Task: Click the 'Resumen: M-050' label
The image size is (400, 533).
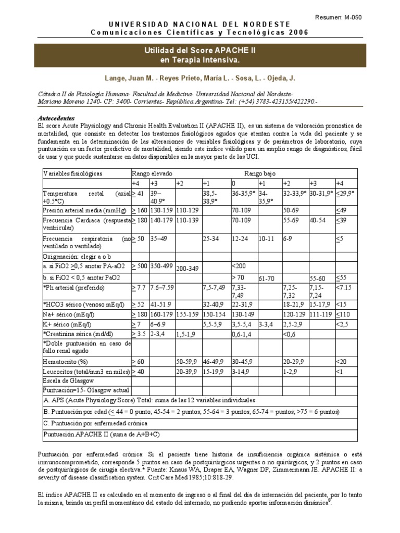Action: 338,17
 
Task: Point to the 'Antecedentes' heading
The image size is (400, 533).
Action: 57,118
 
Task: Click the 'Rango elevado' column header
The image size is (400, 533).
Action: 152,173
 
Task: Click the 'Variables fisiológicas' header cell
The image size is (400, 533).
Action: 73,173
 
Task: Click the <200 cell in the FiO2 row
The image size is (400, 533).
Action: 238,265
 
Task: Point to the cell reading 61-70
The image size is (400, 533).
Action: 267,279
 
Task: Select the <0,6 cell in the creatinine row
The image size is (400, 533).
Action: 290,333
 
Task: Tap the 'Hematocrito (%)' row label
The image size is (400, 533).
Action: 65,361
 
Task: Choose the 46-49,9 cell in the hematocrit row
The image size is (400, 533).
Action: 213,361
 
